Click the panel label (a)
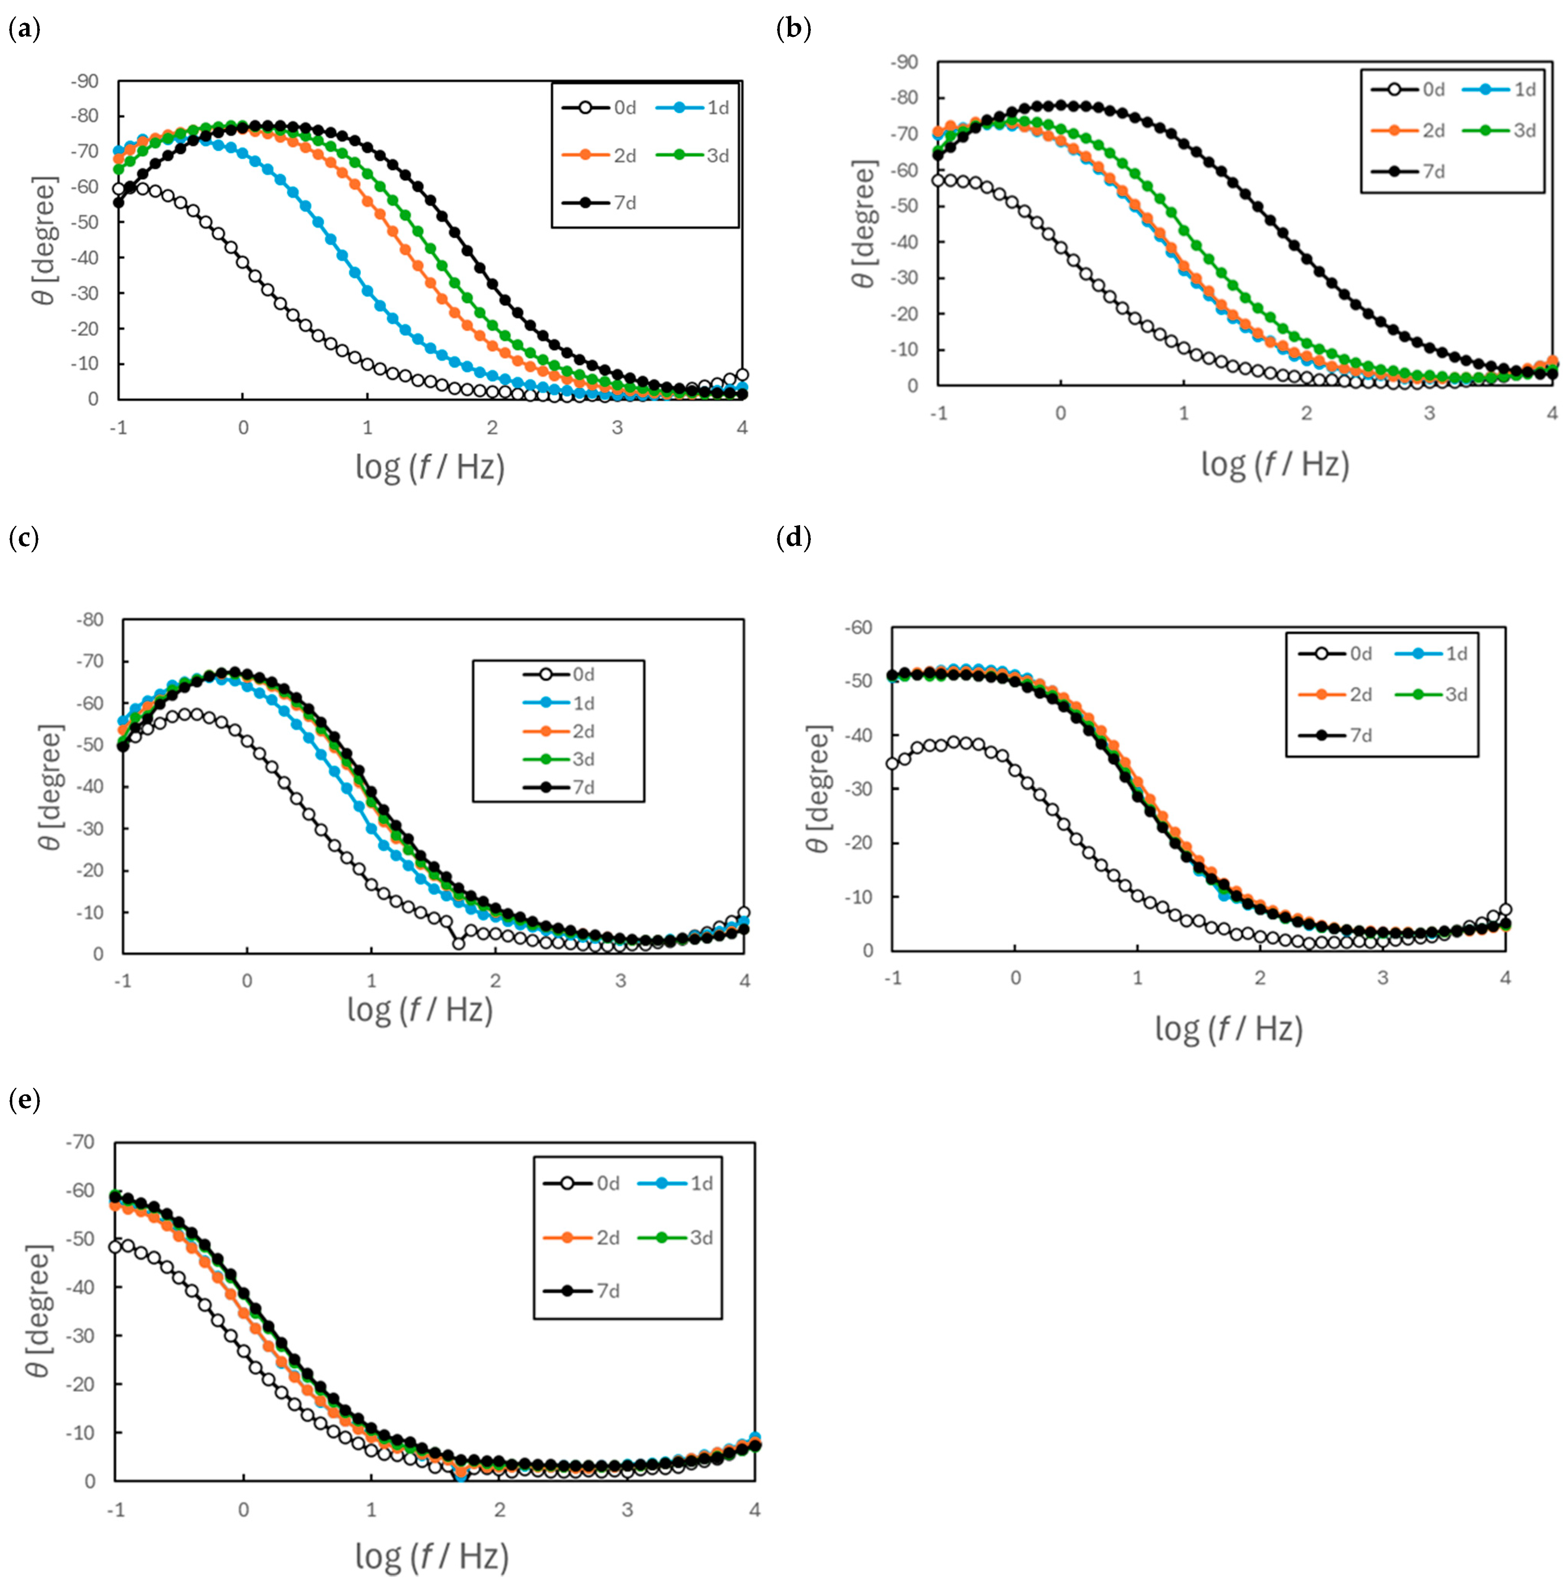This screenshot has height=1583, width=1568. point(24,30)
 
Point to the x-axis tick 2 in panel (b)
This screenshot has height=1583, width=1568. point(1307,414)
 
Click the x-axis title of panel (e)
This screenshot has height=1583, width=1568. point(432,1555)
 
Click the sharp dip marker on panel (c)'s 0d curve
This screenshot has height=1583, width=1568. point(459,944)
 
